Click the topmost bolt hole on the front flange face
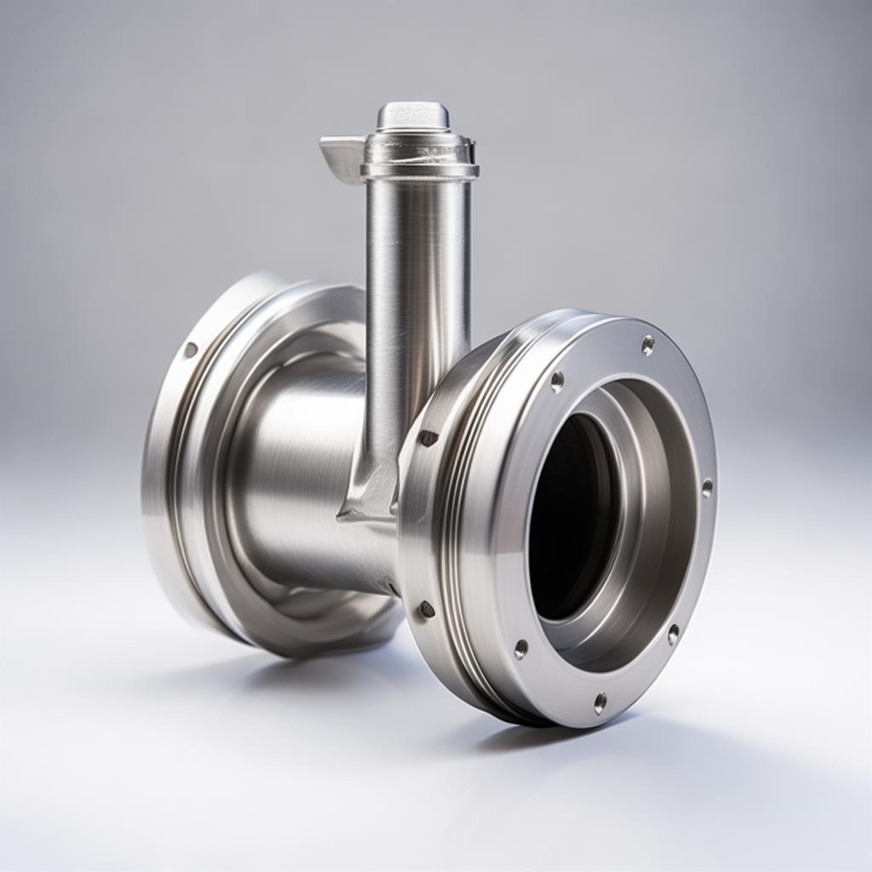tap(647, 345)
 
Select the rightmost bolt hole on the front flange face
tap(707, 488)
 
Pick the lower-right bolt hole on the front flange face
tap(673, 634)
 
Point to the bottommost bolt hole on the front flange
tap(600, 703)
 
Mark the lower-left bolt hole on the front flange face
tap(520, 649)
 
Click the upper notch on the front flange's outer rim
tap(427, 438)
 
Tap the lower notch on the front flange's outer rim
tap(426, 609)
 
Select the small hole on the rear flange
tap(190, 349)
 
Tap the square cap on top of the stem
tap(413, 116)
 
